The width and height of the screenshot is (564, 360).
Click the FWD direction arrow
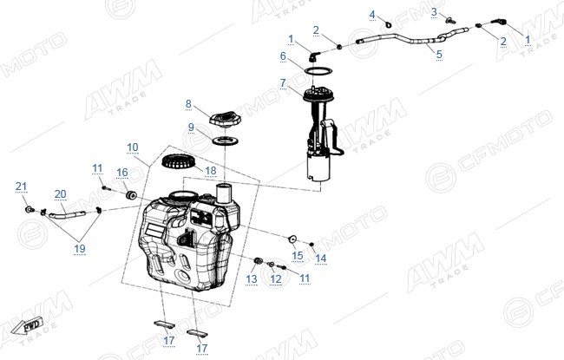pos(26,326)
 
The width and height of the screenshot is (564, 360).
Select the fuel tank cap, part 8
pos(226,118)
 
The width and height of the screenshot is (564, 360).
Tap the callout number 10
pos(133,147)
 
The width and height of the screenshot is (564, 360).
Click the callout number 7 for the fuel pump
pos(283,82)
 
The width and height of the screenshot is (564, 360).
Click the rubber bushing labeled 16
pos(130,195)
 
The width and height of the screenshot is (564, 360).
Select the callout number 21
pos(21,187)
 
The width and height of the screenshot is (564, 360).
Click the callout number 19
pos(80,248)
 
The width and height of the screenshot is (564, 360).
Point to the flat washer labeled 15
pos(292,239)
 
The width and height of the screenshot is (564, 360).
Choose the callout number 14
pos(320,258)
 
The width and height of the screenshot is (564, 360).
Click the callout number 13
pos(252,278)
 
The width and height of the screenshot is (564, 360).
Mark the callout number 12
pos(276,278)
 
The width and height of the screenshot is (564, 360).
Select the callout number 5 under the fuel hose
pos(439,55)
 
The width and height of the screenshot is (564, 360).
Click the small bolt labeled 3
pos(449,21)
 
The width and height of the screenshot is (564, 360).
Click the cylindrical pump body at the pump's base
pos(318,166)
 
